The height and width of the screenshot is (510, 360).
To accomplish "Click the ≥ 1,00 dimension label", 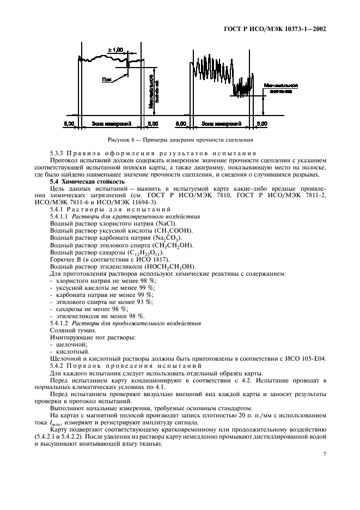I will tap(115, 50).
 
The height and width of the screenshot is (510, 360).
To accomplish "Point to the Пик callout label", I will tap(107, 80).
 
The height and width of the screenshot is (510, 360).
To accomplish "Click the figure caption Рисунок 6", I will tap(180, 140).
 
